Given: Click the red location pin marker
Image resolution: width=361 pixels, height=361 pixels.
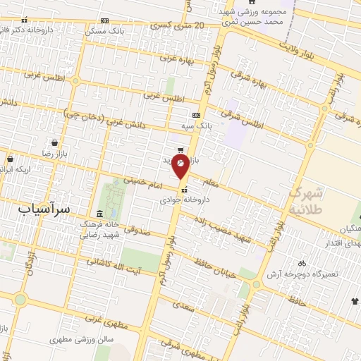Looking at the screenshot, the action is [x=181, y=166].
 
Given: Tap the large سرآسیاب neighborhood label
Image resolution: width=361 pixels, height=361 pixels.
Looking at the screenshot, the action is [x=44, y=209].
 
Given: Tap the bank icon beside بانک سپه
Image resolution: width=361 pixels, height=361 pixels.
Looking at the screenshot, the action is [x=196, y=115].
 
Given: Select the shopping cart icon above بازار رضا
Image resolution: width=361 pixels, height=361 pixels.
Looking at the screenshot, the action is [x=54, y=142].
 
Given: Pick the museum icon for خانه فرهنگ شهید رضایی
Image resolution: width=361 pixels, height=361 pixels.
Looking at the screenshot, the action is [x=99, y=214].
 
